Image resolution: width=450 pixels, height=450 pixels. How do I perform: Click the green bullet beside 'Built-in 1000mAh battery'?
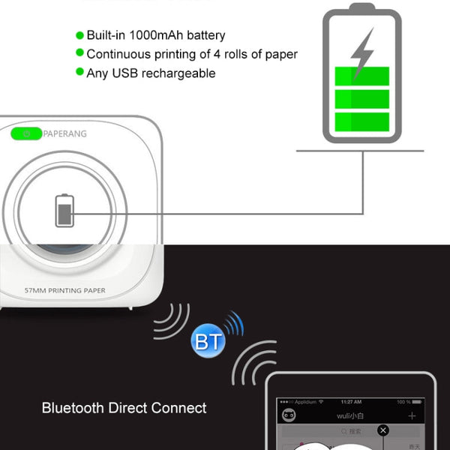(79, 35)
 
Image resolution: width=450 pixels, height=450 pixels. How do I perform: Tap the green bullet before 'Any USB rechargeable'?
(79, 73)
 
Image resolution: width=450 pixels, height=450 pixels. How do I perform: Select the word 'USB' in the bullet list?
(124, 73)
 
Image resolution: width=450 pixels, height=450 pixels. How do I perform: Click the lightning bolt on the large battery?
(362, 52)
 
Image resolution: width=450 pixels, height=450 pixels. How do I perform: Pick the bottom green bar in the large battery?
(361, 122)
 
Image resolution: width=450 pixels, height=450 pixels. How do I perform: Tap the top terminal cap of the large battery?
(361, 7)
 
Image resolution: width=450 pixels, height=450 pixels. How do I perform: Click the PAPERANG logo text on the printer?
(65, 134)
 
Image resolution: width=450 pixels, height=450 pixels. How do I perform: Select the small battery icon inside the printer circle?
(65, 211)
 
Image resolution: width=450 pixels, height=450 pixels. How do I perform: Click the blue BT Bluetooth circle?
(208, 342)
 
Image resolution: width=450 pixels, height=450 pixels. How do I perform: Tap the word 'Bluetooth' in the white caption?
(73, 409)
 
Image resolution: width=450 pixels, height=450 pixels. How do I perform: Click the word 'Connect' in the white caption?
(178, 409)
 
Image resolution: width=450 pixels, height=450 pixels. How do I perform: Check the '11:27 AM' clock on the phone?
(350, 402)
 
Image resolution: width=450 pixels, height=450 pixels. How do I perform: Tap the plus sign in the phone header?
(412, 415)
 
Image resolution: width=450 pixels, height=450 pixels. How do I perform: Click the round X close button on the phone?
(383, 430)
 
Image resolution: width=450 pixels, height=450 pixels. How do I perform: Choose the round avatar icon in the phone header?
(288, 415)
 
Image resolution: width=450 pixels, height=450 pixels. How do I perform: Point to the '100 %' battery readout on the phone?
(403, 402)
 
